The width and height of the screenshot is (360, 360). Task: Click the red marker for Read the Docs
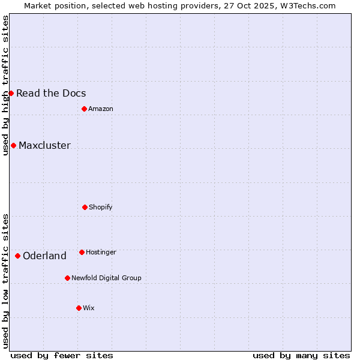click(11, 93)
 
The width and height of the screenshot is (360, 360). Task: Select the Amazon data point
click(84, 109)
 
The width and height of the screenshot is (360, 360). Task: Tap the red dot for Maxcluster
click(13, 145)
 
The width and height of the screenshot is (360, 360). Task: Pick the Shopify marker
click(85, 207)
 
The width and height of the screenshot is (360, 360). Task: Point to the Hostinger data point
click(82, 252)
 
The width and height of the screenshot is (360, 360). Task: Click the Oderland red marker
click(17, 256)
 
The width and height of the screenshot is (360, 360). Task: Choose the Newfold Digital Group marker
click(67, 278)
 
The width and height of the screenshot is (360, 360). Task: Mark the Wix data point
click(79, 308)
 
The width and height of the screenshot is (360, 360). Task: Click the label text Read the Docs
click(51, 93)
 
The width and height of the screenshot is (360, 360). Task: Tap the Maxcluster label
click(44, 145)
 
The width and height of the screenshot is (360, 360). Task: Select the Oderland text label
click(44, 256)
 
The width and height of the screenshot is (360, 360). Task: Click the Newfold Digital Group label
click(106, 278)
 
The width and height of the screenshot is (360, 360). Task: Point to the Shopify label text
click(100, 207)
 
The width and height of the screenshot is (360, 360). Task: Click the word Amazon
click(100, 109)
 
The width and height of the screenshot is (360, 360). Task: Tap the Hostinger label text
click(101, 252)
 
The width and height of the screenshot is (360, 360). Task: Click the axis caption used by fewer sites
click(62, 355)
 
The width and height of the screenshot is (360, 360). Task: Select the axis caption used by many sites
click(301, 355)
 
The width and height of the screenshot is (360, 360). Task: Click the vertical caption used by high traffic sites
click(5, 85)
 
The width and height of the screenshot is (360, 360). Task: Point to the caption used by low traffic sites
click(5, 281)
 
